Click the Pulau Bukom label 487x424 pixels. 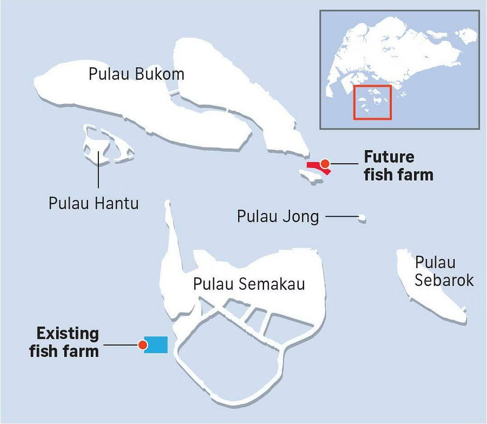136,74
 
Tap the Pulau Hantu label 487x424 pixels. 93,203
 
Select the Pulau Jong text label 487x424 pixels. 278,216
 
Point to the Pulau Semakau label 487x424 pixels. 249,284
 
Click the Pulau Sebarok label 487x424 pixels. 443,272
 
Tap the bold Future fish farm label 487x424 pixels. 398,165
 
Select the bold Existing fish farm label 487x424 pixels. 64,342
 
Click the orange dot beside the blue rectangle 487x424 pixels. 143,345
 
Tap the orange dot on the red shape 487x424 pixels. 325,163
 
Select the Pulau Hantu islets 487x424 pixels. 107,145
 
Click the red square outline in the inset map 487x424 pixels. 373,102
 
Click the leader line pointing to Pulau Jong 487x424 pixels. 342,217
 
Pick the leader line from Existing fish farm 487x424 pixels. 121,345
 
